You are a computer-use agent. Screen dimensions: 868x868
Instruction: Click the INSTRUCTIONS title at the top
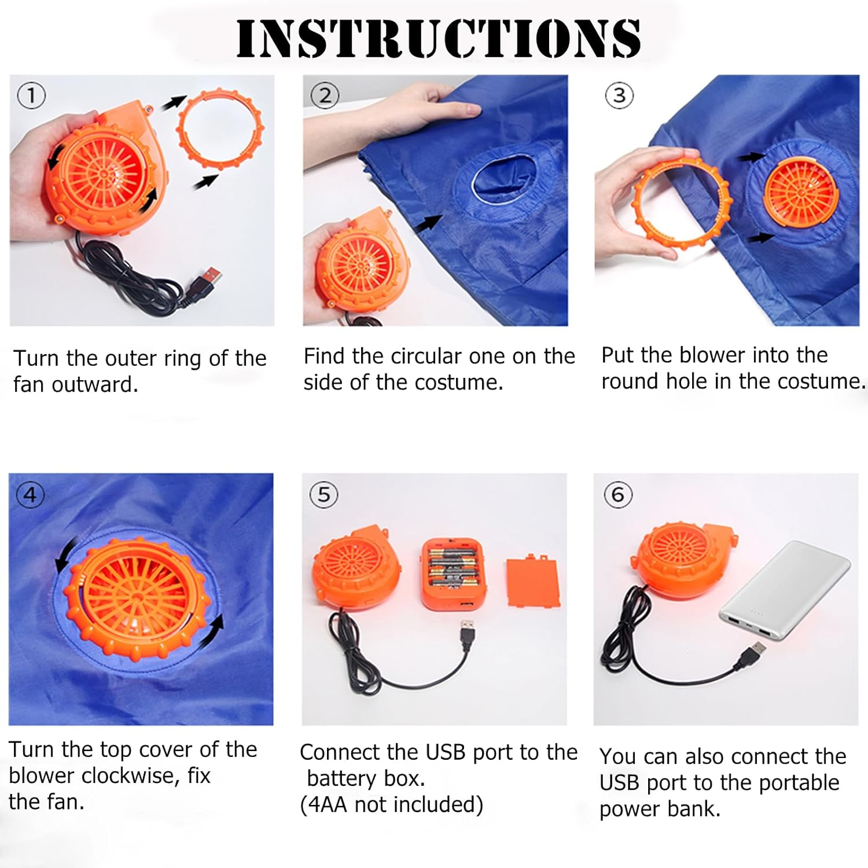click(x=438, y=38)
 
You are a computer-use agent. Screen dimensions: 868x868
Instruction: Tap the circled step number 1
click(x=31, y=95)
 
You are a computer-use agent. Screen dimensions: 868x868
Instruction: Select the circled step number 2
click(x=325, y=95)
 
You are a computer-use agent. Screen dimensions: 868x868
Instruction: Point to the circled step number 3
click(x=619, y=95)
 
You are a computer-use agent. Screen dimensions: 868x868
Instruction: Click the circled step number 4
click(x=30, y=495)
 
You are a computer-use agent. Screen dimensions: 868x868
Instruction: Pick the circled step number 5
click(x=324, y=495)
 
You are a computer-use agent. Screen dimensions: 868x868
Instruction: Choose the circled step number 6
click(x=618, y=495)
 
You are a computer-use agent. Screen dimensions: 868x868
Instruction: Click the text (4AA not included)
click(x=391, y=805)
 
